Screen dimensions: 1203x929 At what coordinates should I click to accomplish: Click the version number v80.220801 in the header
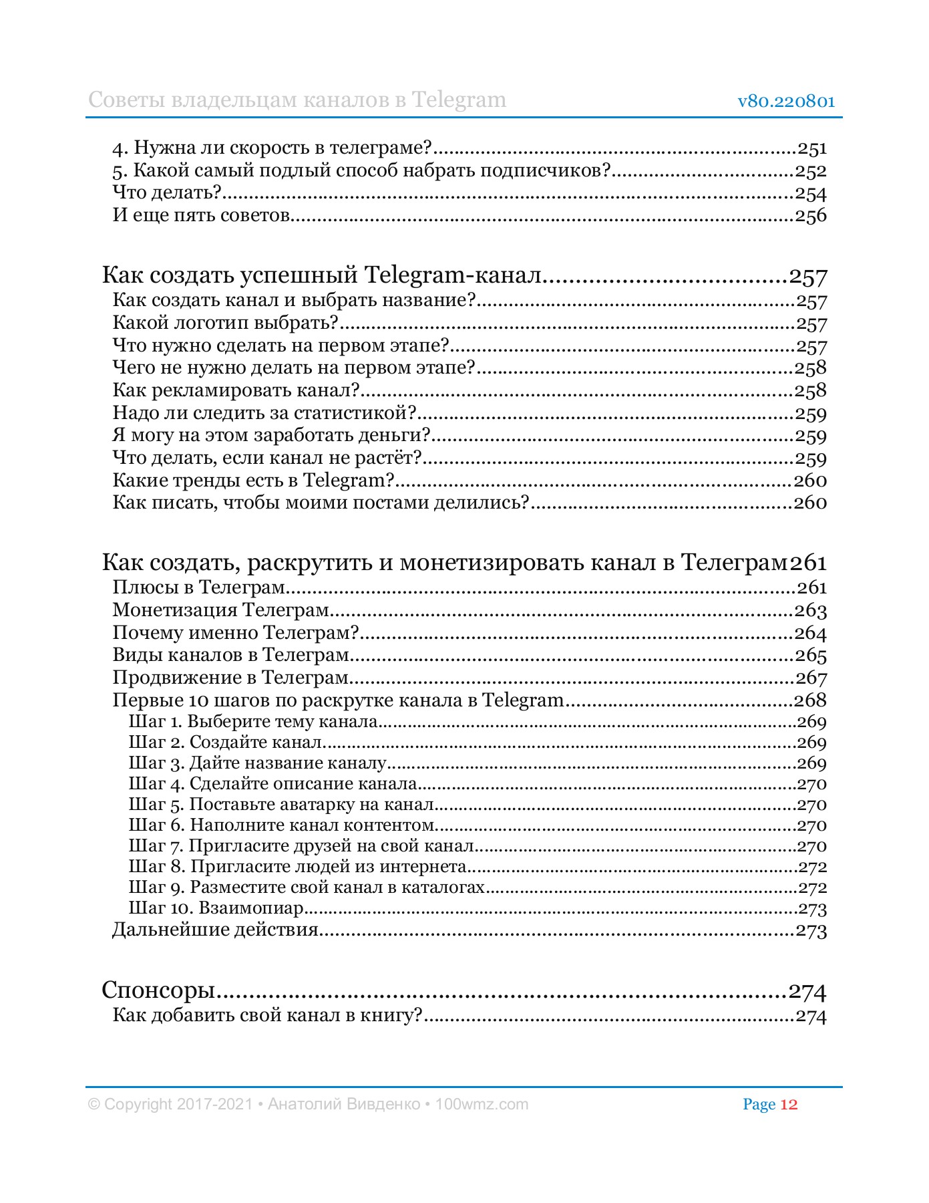click(786, 102)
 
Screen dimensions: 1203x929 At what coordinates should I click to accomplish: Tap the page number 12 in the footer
click(789, 1104)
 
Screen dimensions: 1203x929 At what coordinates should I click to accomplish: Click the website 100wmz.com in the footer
click(481, 1104)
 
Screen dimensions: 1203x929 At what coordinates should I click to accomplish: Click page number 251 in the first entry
click(812, 148)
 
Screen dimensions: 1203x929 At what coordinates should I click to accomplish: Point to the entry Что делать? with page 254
click(167, 194)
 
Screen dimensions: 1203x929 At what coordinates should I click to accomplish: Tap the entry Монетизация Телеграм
click(221, 610)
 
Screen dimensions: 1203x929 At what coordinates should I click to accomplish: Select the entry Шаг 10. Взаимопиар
click(216, 908)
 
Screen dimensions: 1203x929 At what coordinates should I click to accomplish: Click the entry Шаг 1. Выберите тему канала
click(253, 722)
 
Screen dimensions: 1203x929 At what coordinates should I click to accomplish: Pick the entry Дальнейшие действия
click(215, 930)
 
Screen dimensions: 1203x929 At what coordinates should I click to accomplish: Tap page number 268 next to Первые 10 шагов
click(810, 700)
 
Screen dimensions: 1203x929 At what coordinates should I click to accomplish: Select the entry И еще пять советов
click(201, 216)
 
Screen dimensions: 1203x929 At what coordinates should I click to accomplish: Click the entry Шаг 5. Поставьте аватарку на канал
click(281, 805)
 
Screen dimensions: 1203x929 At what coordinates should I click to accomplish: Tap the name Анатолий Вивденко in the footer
click(343, 1104)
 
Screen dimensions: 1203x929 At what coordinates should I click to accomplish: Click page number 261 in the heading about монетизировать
click(809, 563)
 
